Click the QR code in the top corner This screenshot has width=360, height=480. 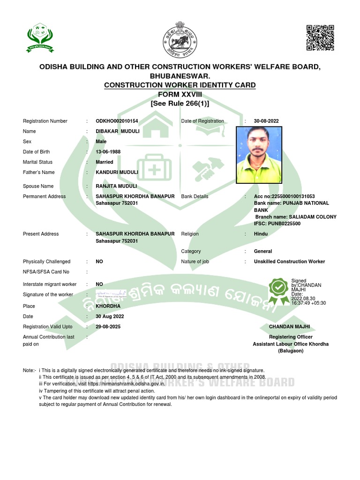click(320, 37)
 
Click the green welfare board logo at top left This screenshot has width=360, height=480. click(39, 39)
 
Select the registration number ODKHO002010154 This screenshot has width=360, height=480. click(117, 121)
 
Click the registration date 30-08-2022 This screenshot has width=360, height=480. click(266, 121)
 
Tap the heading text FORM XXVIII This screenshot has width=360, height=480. click(180, 94)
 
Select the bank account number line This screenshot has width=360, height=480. click(284, 196)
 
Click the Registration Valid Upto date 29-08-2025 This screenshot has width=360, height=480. click(108, 326)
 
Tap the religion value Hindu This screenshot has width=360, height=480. click(261, 234)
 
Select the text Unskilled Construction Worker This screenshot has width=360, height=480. click(289, 262)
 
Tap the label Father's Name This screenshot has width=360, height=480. click(39, 172)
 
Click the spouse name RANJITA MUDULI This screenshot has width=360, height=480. click(116, 186)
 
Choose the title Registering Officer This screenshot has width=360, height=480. click(291, 337)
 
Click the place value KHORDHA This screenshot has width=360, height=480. click(108, 306)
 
